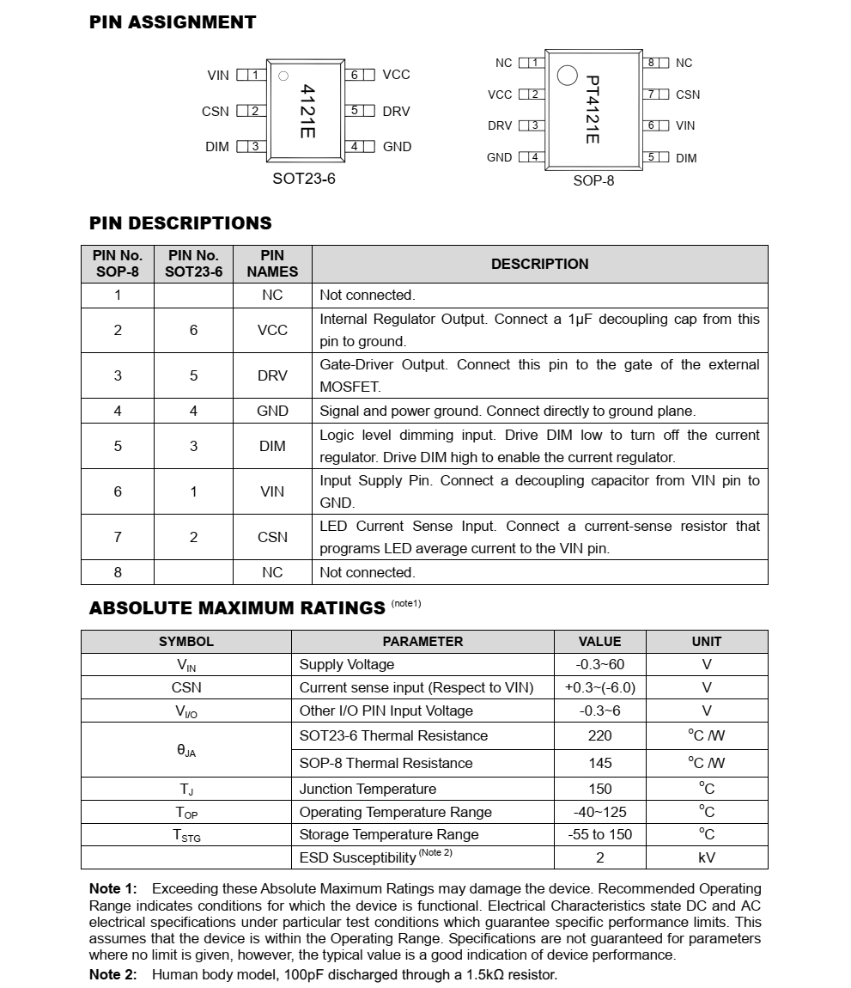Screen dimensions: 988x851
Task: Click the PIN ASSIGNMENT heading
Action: pyautogui.click(x=173, y=22)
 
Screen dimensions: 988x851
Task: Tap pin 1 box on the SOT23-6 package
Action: pyautogui.click(x=255, y=75)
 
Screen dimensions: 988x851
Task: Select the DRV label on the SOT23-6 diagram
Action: pyautogui.click(x=396, y=112)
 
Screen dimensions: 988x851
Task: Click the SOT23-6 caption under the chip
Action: pyautogui.click(x=304, y=179)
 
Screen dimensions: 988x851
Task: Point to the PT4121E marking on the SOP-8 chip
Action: pyautogui.click(x=593, y=109)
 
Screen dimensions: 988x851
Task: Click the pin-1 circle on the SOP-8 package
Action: pyautogui.click(x=567, y=76)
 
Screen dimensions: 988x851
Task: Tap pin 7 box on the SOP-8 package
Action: pyautogui.click(x=652, y=95)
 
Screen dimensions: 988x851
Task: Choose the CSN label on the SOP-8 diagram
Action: pyautogui.click(x=687, y=95)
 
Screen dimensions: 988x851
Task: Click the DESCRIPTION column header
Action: pyautogui.click(x=539, y=264)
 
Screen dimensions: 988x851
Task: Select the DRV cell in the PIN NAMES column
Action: pyautogui.click(x=272, y=375)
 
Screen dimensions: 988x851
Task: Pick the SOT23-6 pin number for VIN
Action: pyautogui.click(x=193, y=491)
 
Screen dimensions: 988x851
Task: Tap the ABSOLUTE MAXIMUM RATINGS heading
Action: pyautogui.click(x=237, y=608)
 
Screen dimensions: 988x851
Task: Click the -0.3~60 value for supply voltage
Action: pyautogui.click(x=599, y=664)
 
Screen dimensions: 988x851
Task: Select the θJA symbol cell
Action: pyautogui.click(x=186, y=750)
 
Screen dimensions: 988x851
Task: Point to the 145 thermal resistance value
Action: pyautogui.click(x=599, y=763)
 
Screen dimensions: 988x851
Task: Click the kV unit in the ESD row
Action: pyautogui.click(x=706, y=857)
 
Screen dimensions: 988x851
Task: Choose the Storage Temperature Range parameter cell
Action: pyautogui.click(x=389, y=834)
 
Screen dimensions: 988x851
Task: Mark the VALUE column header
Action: pyautogui.click(x=599, y=641)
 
